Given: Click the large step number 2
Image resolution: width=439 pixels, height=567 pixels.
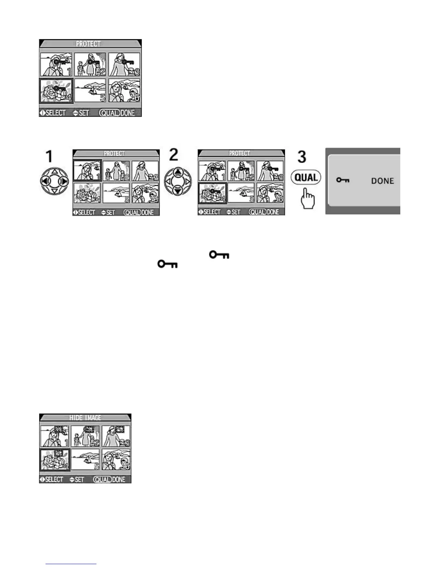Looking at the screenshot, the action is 174,155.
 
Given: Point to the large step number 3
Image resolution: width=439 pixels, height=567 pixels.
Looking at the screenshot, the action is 302,157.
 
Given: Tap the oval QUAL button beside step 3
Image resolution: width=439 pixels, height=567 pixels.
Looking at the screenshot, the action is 306,178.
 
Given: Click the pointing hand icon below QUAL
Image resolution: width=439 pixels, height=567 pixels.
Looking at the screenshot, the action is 308,199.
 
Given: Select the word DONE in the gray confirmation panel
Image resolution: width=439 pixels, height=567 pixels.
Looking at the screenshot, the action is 382,181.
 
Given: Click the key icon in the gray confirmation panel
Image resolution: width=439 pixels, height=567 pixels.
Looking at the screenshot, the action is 343,180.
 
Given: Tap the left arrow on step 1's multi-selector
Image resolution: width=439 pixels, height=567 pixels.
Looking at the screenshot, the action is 45,181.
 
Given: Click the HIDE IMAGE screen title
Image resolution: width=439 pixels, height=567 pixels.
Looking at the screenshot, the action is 85,418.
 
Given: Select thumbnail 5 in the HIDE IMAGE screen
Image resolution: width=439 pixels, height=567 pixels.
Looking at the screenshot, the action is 85,459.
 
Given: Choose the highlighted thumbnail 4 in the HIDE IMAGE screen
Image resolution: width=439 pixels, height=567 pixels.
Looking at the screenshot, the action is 54,460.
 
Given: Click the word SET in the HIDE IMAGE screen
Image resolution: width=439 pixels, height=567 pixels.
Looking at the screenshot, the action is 79,480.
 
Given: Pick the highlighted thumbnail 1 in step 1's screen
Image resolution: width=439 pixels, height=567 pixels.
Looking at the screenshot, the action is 88,170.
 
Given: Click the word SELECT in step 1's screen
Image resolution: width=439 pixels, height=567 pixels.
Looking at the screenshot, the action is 86,213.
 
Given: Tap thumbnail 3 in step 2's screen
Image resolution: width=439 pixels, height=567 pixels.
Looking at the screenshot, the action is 270,171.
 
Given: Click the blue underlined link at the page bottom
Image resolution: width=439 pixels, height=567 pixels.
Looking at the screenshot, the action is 71,564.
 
